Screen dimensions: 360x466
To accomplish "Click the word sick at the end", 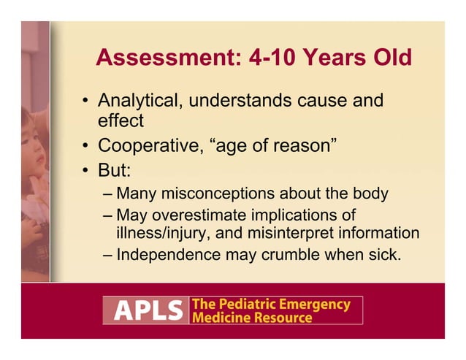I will (365, 255).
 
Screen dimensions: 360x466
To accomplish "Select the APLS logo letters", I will (145, 310).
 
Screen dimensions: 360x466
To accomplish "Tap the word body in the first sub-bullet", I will (369, 194).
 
